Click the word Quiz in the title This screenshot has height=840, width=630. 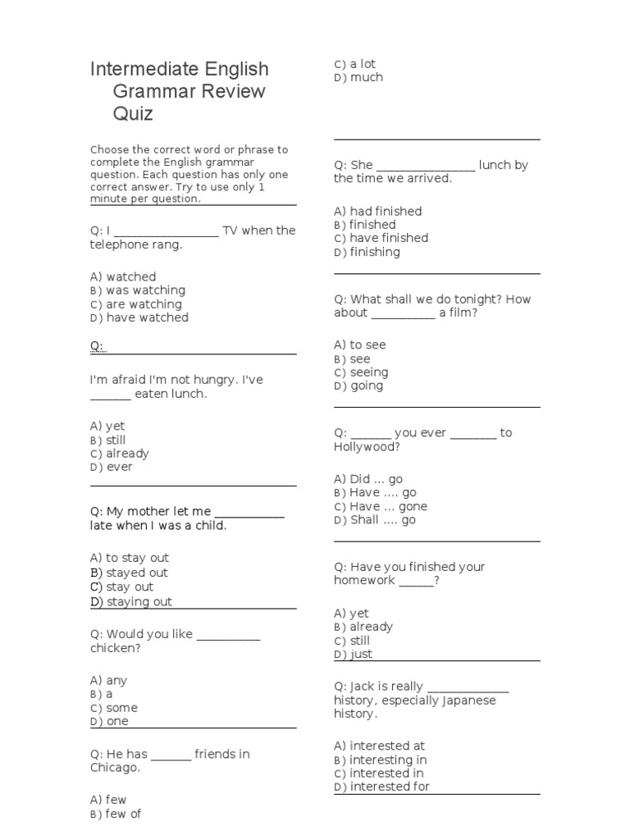pyautogui.click(x=133, y=114)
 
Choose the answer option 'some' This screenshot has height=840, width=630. pyautogui.click(x=121, y=708)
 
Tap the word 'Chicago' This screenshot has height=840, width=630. pyautogui.click(x=114, y=768)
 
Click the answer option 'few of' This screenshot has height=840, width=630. pyautogui.click(x=123, y=814)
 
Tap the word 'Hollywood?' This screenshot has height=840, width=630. pyautogui.click(x=367, y=447)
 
